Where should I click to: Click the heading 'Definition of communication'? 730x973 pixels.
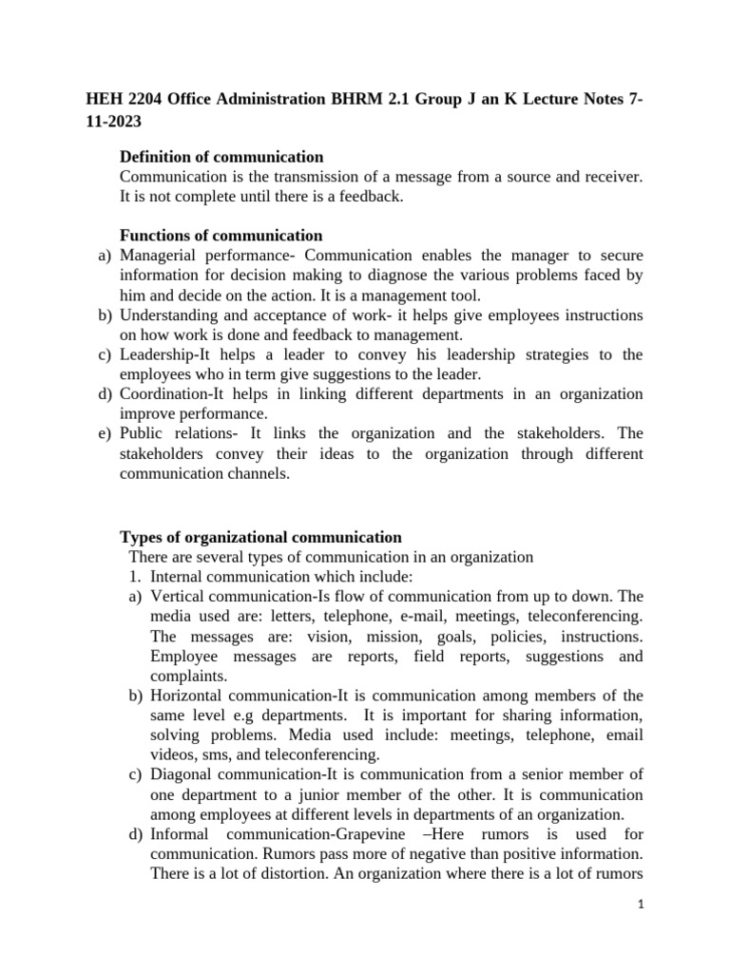point(221,157)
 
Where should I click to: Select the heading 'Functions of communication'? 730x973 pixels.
point(221,236)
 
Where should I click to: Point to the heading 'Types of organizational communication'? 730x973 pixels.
point(260,537)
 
